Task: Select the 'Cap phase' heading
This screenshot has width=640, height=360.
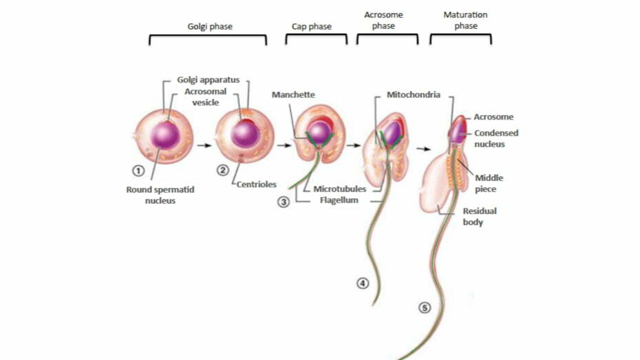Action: coord(316,27)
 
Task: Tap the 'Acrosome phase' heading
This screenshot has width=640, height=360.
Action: coord(384,21)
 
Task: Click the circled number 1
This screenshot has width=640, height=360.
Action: coord(138,171)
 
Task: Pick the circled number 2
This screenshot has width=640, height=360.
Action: coord(222,171)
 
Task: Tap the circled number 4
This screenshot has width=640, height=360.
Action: coord(363,283)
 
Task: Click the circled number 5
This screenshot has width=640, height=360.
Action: coord(425,308)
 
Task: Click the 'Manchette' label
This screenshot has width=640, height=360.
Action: coord(293,94)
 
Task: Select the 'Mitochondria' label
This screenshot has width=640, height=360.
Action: coord(413,94)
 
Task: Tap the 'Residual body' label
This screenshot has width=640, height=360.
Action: coord(480,217)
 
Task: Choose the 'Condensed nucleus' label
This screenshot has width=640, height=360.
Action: coord(496,138)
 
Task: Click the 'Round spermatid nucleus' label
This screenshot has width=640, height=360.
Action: coord(160,195)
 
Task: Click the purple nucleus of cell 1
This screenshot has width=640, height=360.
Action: coord(165,134)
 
